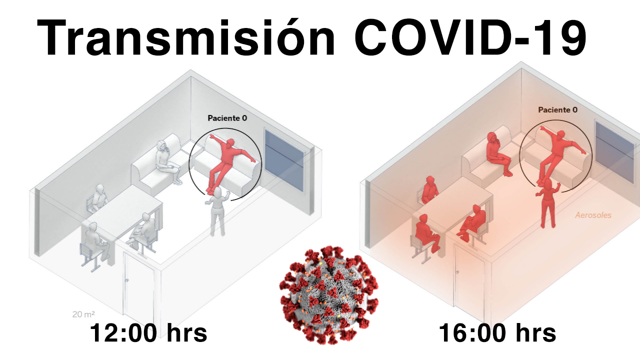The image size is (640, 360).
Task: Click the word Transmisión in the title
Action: pyautogui.click(x=185, y=37)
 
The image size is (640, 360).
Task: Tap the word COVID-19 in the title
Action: pyautogui.click(x=470, y=37)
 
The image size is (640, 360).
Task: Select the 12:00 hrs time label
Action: pyautogui.click(x=148, y=333)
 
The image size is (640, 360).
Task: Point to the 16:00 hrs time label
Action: pyautogui.click(x=497, y=333)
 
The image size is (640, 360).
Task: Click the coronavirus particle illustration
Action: pyautogui.click(x=328, y=295)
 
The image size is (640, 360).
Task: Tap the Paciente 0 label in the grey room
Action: pyautogui.click(x=227, y=118)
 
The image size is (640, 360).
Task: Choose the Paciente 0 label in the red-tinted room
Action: pyautogui.click(x=557, y=109)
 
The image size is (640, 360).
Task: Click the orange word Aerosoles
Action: pyautogui.click(x=593, y=215)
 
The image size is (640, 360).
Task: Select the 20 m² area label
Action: pyautogui.click(x=83, y=314)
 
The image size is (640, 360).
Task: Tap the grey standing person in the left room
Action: pyautogui.click(x=217, y=211)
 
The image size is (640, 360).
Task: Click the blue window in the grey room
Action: pyautogui.click(x=284, y=160)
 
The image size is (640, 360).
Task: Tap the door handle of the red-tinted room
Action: pyautogui.click(x=457, y=272)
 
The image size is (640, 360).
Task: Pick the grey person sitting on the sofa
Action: pyautogui.click(x=167, y=161)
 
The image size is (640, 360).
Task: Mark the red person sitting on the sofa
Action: pyautogui.click(x=498, y=154)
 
